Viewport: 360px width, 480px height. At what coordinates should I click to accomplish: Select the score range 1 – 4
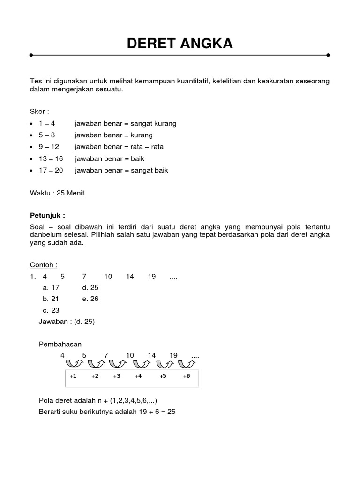click(x=47, y=123)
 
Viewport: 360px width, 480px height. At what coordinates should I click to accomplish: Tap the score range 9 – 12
click(x=49, y=147)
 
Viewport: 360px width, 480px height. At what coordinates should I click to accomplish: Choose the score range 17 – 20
click(x=51, y=170)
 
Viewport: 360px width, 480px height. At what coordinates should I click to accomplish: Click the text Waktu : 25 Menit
click(x=57, y=193)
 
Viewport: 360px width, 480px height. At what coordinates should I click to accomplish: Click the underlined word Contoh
click(x=44, y=265)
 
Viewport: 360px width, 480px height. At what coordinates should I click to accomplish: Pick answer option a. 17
click(x=51, y=288)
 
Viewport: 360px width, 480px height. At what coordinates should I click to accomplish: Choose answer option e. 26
click(x=90, y=299)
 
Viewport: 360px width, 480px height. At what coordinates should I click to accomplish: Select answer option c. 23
click(x=51, y=310)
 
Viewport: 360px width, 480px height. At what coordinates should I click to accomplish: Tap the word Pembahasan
click(x=60, y=344)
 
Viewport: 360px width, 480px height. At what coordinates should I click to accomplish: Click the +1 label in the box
click(x=73, y=376)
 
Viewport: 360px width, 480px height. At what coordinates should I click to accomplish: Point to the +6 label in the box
click(x=187, y=376)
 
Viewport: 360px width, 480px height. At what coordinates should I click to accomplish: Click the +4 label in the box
click(x=138, y=376)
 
